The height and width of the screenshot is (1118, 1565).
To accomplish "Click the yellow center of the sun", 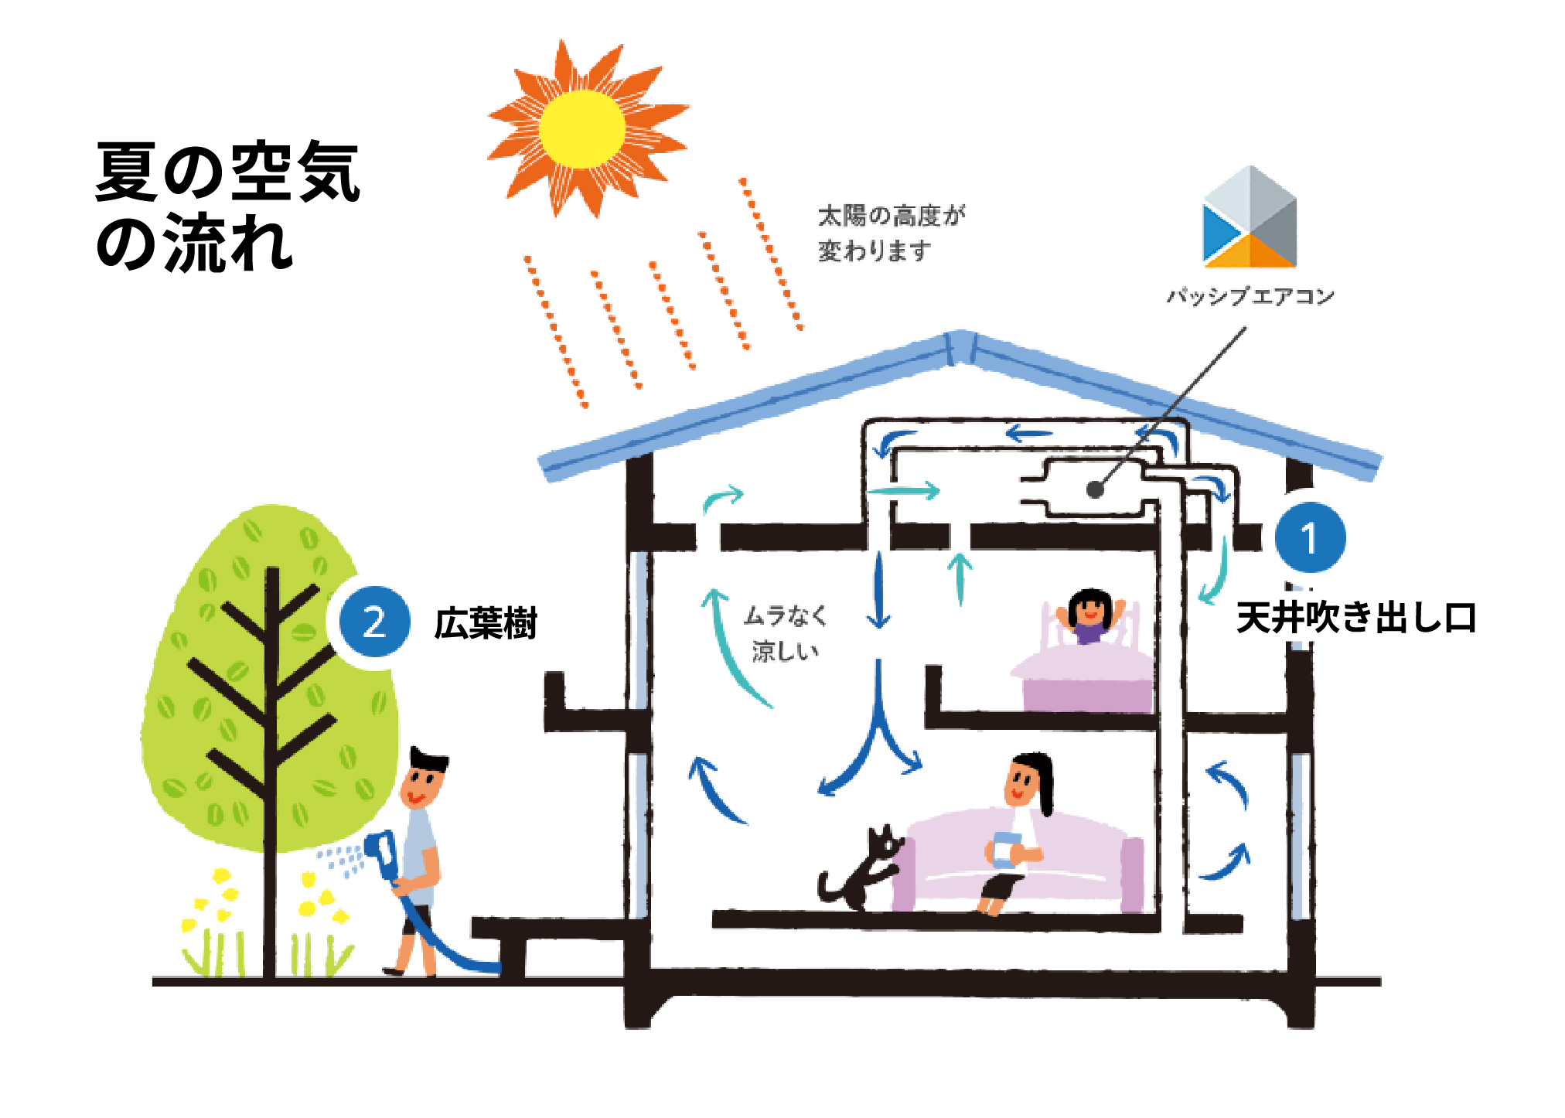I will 581,128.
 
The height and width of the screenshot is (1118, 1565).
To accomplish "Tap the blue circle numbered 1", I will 1309,537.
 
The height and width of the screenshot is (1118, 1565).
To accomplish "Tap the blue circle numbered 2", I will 374,622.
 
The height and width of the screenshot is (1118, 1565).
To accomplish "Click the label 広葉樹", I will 486,623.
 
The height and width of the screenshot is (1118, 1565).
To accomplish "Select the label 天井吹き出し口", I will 1355,618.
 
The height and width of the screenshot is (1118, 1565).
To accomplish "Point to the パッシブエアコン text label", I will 1250,296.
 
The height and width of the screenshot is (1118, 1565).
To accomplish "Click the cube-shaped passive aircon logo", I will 1250,218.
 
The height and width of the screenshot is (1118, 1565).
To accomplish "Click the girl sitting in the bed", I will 1089,615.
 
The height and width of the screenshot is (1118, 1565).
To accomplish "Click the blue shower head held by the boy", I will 383,854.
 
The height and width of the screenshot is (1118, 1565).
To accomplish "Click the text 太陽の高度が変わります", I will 891,233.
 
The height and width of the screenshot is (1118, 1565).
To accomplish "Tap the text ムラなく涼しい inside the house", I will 785,633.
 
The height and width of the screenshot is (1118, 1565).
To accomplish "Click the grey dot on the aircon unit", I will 1094,489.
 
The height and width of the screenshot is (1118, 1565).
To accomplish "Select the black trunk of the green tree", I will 270,773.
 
